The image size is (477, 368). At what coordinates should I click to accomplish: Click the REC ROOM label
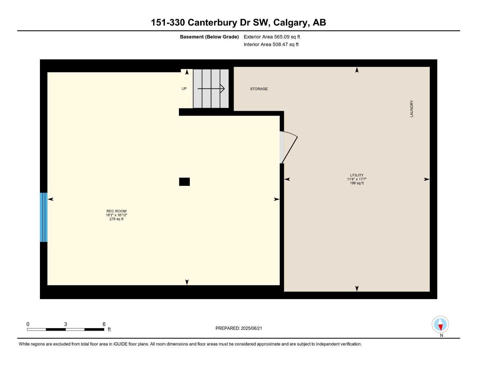[116, 211]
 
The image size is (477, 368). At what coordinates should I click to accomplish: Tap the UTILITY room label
[356, 175]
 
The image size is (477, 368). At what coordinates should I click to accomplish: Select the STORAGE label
[259, 89]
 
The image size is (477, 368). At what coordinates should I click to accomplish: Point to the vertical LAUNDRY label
[411, 109]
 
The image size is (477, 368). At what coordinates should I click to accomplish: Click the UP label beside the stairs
[184, 89]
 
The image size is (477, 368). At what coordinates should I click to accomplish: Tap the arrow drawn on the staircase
[211, 88]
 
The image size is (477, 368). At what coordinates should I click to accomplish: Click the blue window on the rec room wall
[44, 217]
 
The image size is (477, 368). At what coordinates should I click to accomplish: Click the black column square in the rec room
[184, 182]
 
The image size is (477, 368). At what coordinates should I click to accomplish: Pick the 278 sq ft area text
[116, 219]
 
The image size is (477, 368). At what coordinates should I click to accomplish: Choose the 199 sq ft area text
[356, 183]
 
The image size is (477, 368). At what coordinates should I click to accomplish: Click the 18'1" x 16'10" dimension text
[116, 215]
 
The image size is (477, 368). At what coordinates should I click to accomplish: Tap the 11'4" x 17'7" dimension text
[356, 179]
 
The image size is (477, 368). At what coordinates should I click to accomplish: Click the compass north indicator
[440, 325]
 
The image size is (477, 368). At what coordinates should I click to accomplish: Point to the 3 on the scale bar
[66, 324]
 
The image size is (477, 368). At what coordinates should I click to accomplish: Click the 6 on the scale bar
[104, 324]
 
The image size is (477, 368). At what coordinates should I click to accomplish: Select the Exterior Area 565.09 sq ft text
[272, 37]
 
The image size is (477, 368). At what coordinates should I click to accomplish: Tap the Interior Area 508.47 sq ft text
[271, 45]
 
